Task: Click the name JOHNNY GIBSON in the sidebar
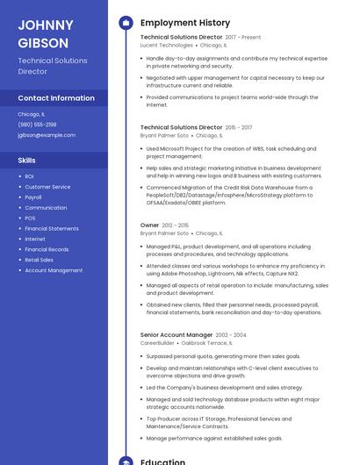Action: [43, 33]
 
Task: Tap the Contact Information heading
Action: [56, 98]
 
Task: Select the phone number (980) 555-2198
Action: [37, 125]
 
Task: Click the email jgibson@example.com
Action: [47, 135]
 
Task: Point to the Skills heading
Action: [26, 161]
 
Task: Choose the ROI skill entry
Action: [29, 176]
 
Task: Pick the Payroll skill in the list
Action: [33, 197]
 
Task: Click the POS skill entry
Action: [30, 218]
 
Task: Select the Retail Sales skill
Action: [39, 260]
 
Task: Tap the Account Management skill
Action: [54, 270]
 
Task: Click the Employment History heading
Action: [185, 23]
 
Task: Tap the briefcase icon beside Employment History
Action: [125, 23]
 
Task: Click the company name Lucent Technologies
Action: [166, 45]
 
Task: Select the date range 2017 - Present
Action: [243, 38]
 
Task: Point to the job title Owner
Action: [149, 225]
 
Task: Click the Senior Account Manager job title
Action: [176, 335]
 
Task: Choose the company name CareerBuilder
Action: [157, 343]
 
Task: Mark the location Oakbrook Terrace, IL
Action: [210, 343]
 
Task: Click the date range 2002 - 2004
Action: [231, 335]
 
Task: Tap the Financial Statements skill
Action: [52, 229]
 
